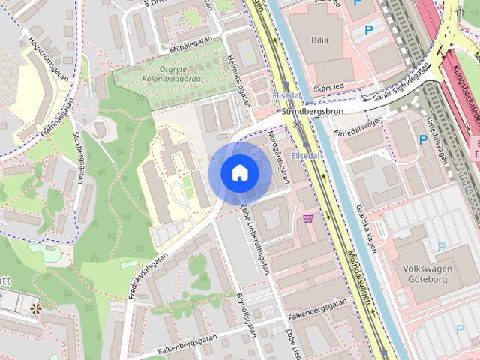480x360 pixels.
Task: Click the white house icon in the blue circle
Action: click(239, 172)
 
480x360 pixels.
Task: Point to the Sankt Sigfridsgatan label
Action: click(402, 82)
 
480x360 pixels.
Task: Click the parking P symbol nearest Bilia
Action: click(367, 30)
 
